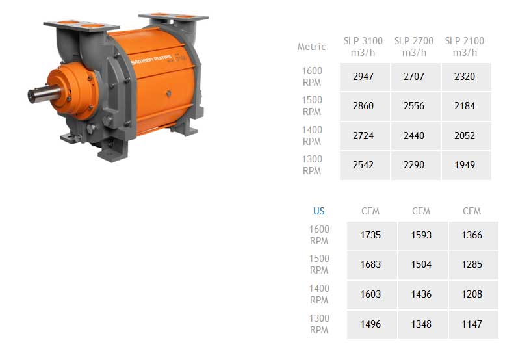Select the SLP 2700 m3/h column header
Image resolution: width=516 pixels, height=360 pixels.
[414, 46]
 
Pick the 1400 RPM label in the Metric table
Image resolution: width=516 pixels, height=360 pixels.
[312, 136]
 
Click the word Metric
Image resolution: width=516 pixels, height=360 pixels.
[311, 47]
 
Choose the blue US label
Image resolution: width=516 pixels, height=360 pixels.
[318, 211]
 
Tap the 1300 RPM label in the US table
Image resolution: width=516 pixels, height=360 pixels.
[319, 324]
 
